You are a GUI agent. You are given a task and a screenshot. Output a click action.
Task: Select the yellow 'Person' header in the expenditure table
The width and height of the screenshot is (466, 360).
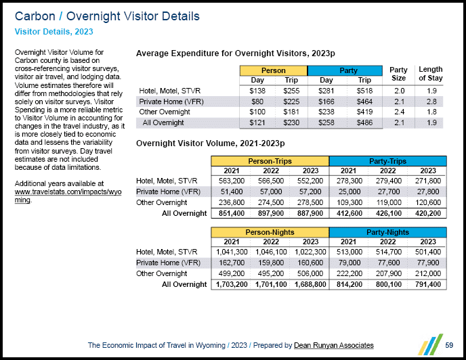(273, 70)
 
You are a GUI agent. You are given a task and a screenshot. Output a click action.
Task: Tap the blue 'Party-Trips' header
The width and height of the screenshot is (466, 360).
(387, 161)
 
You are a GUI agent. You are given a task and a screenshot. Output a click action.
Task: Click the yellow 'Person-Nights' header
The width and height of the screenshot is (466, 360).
(270, 232)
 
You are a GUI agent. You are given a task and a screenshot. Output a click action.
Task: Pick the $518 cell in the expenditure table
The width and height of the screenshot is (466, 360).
(364, 91)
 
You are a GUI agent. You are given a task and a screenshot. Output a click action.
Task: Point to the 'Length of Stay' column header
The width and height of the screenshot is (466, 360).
(431, 74)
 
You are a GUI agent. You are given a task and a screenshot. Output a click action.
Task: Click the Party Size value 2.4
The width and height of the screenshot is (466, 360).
(400, 112)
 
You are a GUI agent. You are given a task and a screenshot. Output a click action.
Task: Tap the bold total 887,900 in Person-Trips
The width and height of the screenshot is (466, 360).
(309, 213)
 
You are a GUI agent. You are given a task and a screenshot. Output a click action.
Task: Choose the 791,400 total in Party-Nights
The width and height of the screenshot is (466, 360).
(427, 284)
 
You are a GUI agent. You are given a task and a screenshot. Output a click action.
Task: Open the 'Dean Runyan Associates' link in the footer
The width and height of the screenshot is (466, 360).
(333, 345)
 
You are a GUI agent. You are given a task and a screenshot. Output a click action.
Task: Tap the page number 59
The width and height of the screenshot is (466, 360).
(450, 345)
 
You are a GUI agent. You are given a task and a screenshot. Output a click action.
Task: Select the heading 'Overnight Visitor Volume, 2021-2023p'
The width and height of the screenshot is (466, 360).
(210, 143)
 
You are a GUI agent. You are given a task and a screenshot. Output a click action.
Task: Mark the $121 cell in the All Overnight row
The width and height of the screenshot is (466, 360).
(257, 122)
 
